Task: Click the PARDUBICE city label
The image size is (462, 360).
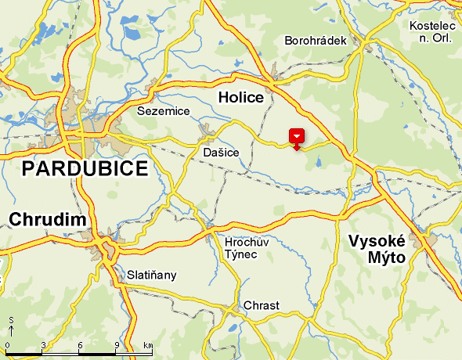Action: click(x=85, y=169)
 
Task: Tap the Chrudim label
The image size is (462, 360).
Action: click(x=47, y=219)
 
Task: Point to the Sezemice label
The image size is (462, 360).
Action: click(x=164, y=111)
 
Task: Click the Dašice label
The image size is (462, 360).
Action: click(x=221, y=153)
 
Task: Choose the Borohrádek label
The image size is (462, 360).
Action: click(x=316, y=40)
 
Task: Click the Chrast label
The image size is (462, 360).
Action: click(x=262, y=305)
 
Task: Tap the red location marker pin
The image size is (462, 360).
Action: click(x=297, y=137)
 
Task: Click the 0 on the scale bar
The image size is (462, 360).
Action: click(x=7, y=345)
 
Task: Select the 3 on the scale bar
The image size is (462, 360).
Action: click(x=43, y=345)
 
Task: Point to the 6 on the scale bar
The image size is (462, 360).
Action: click(x=80, y=345)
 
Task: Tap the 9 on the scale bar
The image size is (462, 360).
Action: click(x=117, y=345)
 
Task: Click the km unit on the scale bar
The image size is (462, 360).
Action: click(x=148, y=345)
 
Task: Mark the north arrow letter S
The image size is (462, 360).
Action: click(x=11, y=320)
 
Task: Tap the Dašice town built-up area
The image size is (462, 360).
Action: click(x=207, y=131)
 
